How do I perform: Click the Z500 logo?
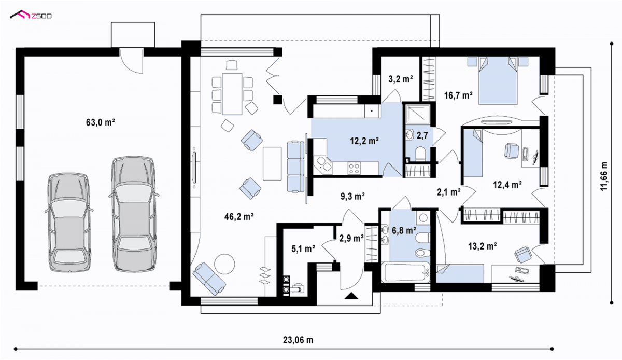point(31,15)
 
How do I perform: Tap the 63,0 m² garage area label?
point(100,122)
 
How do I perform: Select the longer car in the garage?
point(134,214)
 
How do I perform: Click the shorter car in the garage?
point(69,223)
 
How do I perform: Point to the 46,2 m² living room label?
point(239,216)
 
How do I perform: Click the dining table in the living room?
point(232,94)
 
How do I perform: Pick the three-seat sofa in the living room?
point(296,167)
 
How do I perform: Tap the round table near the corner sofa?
point(224,264)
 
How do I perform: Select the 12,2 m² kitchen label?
point(364,141)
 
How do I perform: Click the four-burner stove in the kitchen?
point(354,168)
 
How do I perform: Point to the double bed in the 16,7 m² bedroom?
point(498,80)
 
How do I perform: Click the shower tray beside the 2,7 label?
point(418,114)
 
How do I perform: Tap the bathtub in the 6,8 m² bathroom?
point(406,272)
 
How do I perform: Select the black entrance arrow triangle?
point(351,296)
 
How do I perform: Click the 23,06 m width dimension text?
point(298,340)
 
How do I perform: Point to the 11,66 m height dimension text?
point(604,176)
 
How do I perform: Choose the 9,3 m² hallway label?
point(352,197)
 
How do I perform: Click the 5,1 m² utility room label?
point(303,248)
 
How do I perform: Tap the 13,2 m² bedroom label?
point(483,246)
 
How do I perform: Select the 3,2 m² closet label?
point(400,79)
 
